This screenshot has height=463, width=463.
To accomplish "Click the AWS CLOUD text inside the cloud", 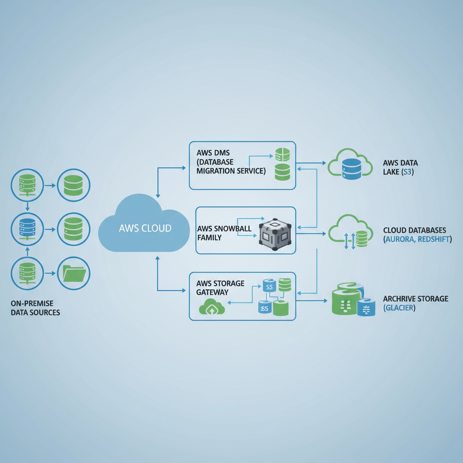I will click(x=145, y=228).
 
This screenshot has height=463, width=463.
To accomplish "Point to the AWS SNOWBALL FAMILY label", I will click(x=224, y=233).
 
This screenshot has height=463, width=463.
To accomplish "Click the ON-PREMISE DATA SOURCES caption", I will click(x=35, y=308).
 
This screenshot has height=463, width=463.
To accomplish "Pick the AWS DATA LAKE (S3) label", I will click(x=400, y=167).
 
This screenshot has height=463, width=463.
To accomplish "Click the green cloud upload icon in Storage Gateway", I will click(x=212, y=307).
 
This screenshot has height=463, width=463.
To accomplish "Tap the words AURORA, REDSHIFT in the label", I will click(x=416, y=239).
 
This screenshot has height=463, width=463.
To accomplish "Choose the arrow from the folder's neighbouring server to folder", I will click(x=51, y=274).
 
